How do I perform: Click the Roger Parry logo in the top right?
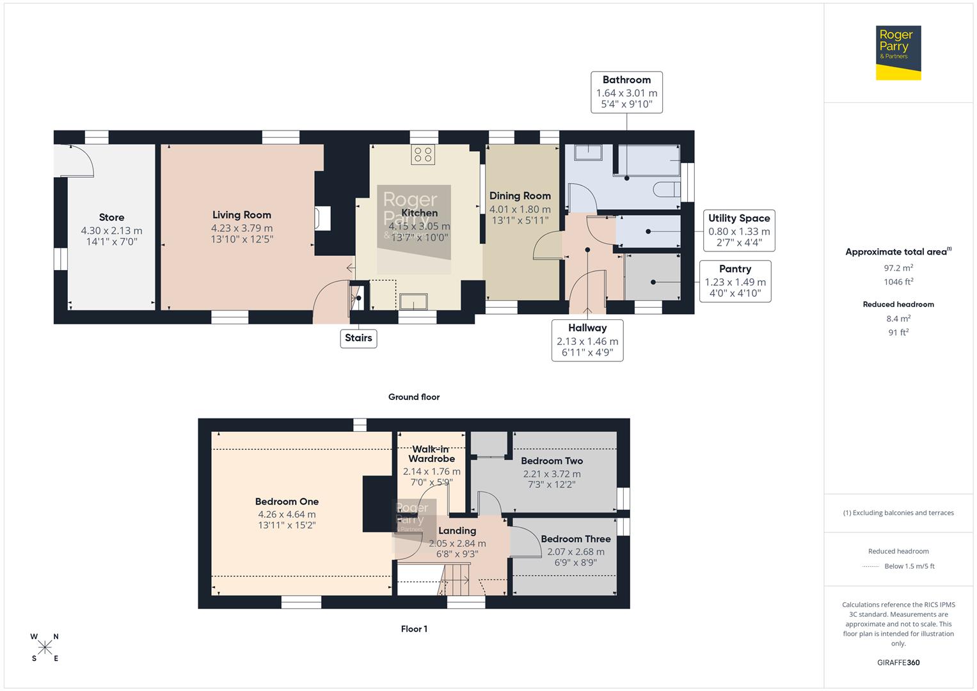click(x=898, y=52)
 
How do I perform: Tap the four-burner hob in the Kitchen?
click(x=423, y=154)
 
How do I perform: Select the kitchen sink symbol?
click(x=413, y=301)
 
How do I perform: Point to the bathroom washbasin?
click(x=588, y=152)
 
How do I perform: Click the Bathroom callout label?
click(x=626, y=92)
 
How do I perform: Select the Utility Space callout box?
click(x=739, y=230)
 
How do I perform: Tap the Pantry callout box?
click(x=735, y=281)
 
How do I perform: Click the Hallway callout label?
click(x=587, y=340)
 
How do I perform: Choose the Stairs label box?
click(x=358, y=338)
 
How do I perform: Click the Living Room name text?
click(x=242, y=215)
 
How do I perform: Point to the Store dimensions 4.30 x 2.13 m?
click(x=111, y=230)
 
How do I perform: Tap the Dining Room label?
click(x=520, y=196)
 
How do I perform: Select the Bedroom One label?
click(x=287, y=502)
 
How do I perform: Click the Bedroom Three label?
click(x=575, y=539)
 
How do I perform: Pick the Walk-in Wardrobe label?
click(x=431, y=454)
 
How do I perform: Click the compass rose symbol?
click(x=45, y=647)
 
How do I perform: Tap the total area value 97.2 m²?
click(x=898, y=268)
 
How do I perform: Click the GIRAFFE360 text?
click(x=898, y=662)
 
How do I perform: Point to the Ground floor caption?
click(x=414, y=397)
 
